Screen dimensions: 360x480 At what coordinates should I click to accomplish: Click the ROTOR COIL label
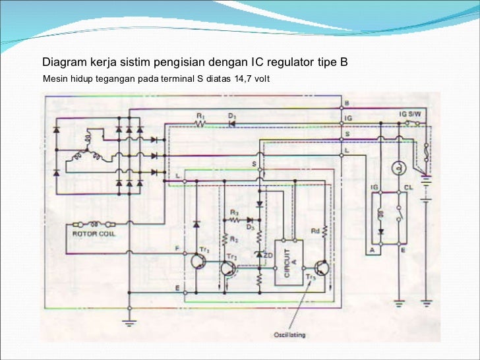(x=92, y=233)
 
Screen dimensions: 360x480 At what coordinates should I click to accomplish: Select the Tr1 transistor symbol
(x=198, y=262)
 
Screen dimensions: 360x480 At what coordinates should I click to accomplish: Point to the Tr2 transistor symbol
(x=227, y=268)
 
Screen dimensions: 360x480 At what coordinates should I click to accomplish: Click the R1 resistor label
(x=200, y=116)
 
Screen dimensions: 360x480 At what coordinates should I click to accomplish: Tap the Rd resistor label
(x=315, y=231)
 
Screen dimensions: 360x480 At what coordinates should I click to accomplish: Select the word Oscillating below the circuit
(x=290, y=334)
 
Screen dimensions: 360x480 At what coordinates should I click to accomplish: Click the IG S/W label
(x=409, y=115)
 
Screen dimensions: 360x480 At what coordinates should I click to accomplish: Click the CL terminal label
(x=409, y=188)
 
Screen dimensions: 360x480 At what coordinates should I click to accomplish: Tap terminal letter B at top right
(x=347, y=104)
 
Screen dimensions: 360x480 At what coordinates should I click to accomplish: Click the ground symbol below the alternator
(x=129, y=322)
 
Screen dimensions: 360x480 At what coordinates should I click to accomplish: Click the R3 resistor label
(x=234, y=212)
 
